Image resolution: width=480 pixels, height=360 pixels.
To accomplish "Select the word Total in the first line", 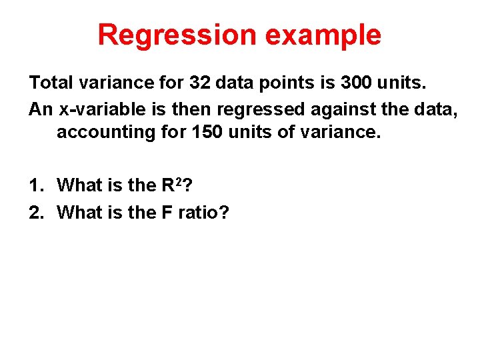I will click(x=52, y=83).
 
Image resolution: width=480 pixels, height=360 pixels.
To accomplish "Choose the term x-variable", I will click(x=100, y=108).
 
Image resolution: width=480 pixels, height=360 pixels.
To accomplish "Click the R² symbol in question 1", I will click(x=171, y=185).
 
